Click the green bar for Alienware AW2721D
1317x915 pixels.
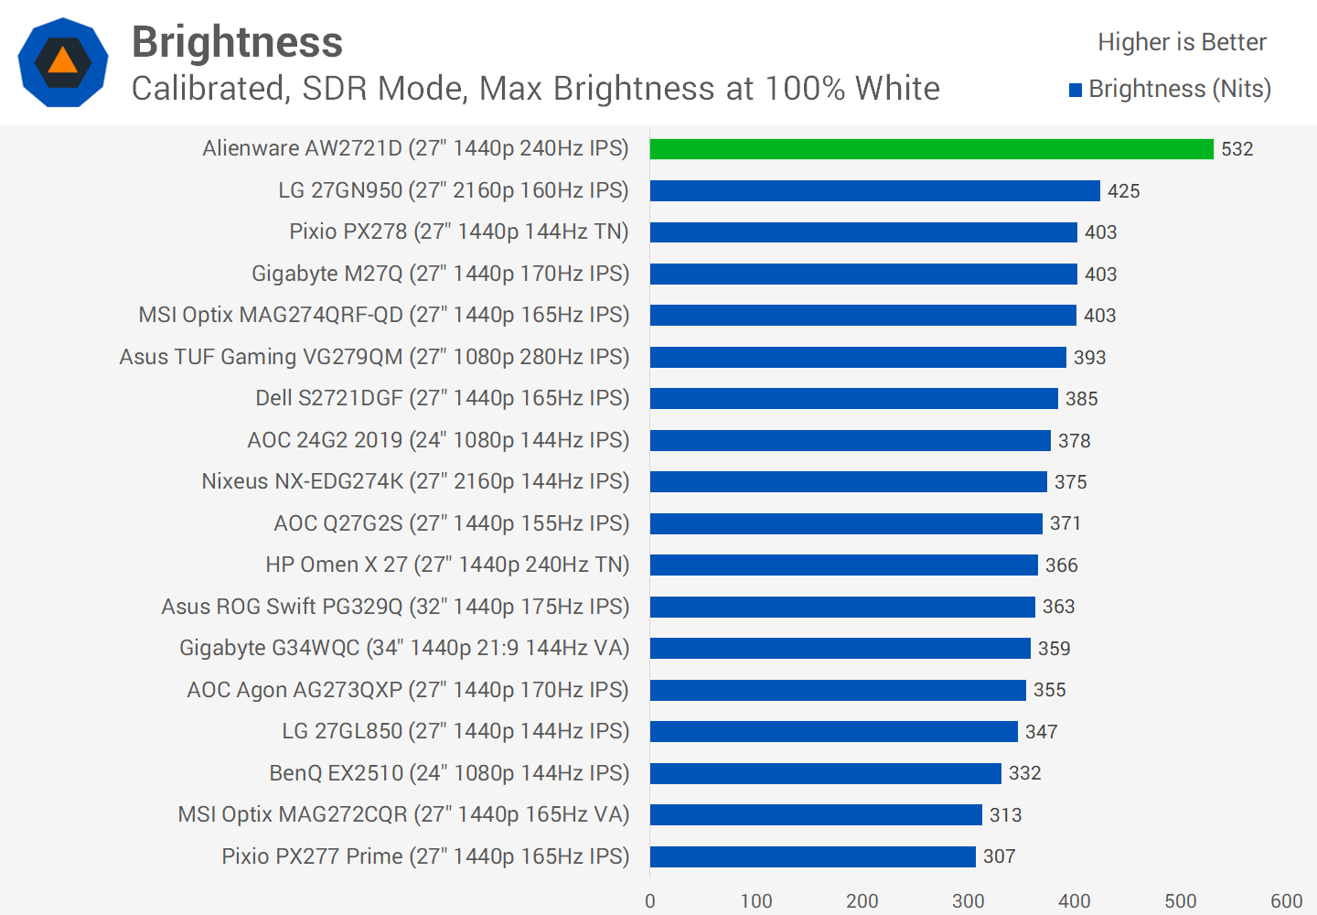click(931, 149)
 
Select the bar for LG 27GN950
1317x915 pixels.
click(874, 190)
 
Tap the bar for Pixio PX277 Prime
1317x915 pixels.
click(812, 856)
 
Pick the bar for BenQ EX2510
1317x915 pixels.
click(825, 773)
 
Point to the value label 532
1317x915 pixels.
click(1237, 149)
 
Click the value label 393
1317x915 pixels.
click(1089, 357)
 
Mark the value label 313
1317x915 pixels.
click(1005, 814)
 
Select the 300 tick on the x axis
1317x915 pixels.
click(968, 900)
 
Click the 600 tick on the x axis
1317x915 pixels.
click(1286, 900)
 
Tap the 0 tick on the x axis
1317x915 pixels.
click(650, 900)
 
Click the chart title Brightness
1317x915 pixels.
click(237, 42)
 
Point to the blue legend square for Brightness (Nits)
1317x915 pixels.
click(1076, 90)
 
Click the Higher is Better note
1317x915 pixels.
click(1182, 42)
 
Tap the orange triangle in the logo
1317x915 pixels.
click(62, 61)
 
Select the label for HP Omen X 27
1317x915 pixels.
click(447, 565)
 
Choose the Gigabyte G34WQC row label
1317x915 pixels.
click(404, 648)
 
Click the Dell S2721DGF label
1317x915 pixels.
click(443, 398)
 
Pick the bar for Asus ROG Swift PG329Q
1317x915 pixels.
click(842, 607)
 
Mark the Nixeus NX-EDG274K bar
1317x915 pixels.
click(848, 481)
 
